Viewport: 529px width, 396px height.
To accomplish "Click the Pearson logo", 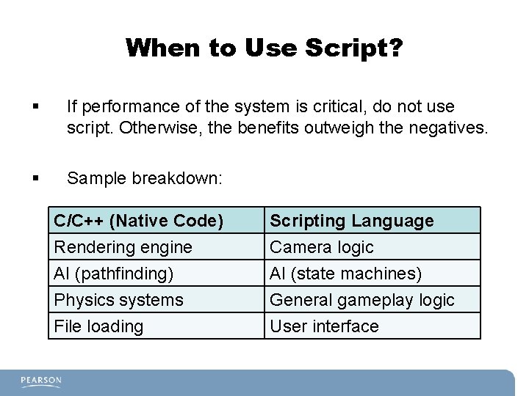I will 41,381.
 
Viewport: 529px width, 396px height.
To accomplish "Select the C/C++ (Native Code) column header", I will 138,221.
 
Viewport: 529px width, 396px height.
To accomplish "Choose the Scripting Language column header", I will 352,221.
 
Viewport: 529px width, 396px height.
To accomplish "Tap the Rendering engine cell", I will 123,247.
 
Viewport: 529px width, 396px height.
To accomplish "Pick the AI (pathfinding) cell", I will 114,274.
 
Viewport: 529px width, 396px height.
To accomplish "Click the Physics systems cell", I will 118,300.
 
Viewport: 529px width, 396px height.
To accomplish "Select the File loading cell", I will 98,326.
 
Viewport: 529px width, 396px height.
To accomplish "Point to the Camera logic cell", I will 322,247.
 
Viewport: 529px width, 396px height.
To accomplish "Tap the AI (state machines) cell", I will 346,274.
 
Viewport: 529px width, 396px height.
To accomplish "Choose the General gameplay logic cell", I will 362,300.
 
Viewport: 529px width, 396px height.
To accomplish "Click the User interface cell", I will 324,326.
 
